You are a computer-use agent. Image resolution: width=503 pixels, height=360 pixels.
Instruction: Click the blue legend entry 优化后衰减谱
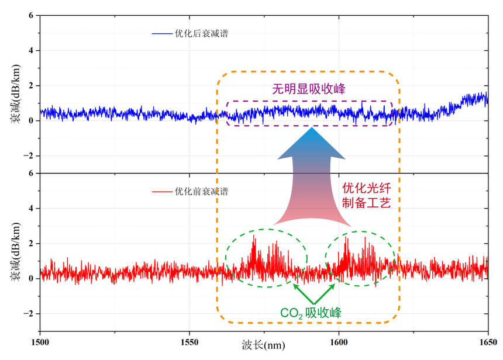point(201,33)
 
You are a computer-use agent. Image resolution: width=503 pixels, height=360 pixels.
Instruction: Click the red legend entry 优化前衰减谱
point(201,191)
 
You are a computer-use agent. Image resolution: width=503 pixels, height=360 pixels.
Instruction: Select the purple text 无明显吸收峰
point(309,89)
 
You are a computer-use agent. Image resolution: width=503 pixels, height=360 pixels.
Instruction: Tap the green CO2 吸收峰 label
point(310,313)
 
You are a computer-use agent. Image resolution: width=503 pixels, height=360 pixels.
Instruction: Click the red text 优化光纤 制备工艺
point(370,196)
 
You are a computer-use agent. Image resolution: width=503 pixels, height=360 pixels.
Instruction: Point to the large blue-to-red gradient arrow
point(312,175)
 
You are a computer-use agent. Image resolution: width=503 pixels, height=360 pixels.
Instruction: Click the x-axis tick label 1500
point(40,341)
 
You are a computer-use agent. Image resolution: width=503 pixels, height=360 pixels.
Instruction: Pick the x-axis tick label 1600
point(339,341)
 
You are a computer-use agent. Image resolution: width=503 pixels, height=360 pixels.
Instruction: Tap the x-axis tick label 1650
point(487,341)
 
